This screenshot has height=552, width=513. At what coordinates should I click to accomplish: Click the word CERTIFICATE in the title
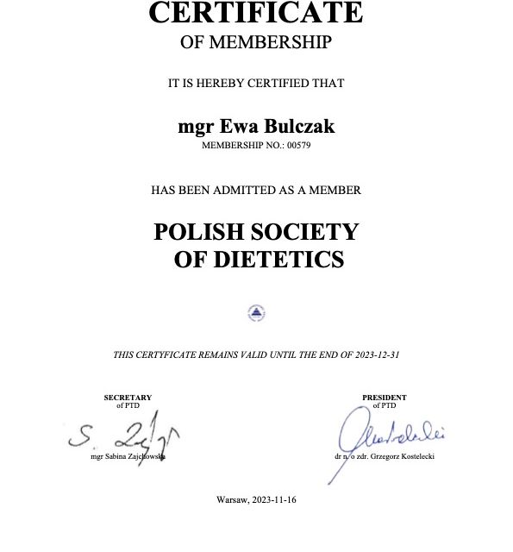click(256, 13)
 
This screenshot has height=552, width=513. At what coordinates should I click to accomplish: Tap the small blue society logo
click(256, 313)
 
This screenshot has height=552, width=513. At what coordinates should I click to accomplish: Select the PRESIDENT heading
click(385, 398)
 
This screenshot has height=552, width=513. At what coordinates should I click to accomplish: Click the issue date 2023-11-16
click(275, 500)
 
